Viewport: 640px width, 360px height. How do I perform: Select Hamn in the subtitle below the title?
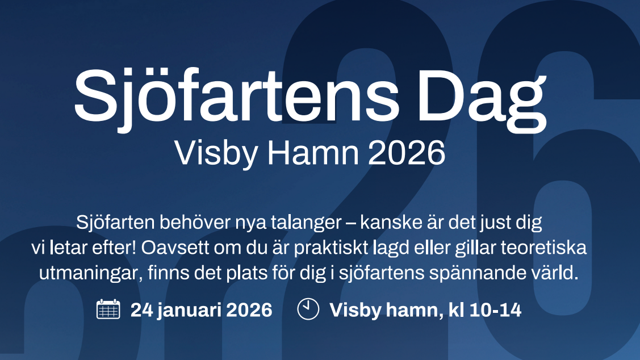coord(313,153)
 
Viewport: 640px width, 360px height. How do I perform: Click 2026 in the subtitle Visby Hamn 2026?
coord(407,153)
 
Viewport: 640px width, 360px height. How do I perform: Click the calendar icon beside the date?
coord(108,309)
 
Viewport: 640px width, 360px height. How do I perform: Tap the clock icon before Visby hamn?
coord(308,309)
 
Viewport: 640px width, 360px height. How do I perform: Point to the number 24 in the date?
coord(141,310)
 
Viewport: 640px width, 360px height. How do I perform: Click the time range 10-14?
coord(496,310)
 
